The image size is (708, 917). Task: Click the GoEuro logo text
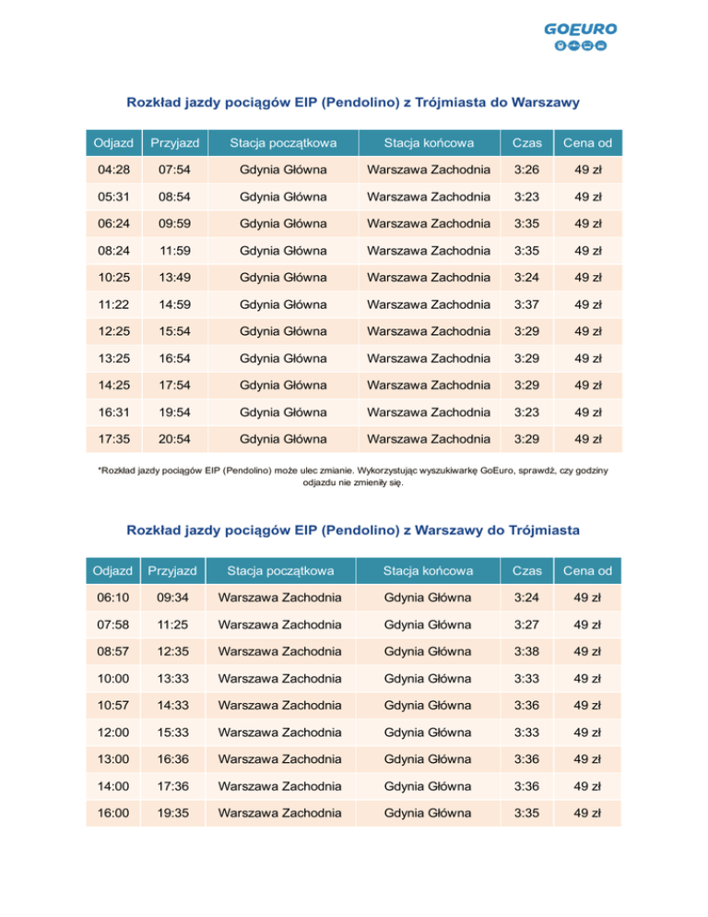point(580,29)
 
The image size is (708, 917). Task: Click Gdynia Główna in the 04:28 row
point(283,170)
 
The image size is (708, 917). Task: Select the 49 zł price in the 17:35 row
point(588,437)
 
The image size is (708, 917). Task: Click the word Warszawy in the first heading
point(540,102)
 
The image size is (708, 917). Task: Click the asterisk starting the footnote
point(100,470)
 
